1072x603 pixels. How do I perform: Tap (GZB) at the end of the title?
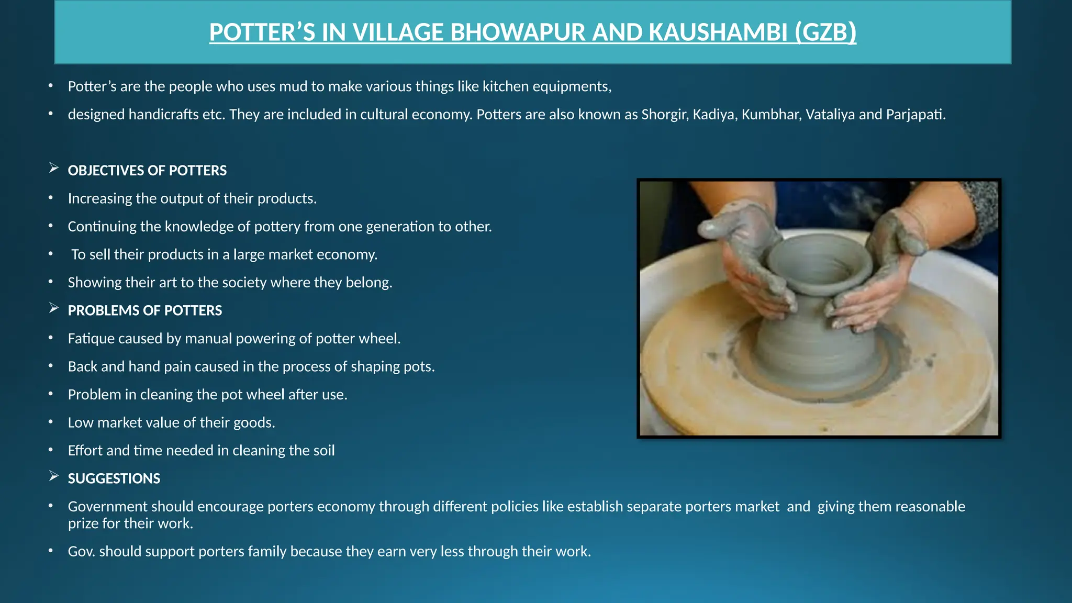tap(825, 32)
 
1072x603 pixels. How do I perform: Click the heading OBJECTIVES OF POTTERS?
tap(147, 171)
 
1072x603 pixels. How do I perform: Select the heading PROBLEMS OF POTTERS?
tap(145, 310)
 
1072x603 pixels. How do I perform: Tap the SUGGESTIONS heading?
tap(114, 478)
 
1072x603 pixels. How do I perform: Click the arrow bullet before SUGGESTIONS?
tap(53, 476)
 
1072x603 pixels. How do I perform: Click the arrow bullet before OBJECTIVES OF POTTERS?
tap(53, 168)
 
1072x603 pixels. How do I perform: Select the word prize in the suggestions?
tap(83, 523)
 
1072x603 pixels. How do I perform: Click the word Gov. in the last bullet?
tap(81, 552)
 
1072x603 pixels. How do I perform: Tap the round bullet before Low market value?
tap(51, 421)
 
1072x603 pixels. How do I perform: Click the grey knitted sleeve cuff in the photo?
tap(981, 209)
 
